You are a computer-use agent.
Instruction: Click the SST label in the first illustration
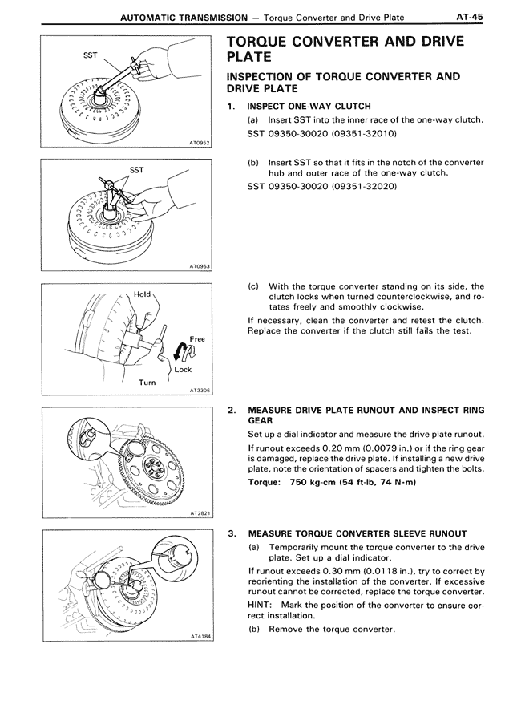(91, 55)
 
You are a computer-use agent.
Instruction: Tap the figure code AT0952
(198, 143)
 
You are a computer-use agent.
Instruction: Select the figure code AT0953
(198, 266)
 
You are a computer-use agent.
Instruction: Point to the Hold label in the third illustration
(142, 294)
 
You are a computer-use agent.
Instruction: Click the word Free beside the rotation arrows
(196, 339)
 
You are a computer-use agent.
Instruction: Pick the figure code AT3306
(198, 391)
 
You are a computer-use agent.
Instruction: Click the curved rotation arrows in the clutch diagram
(181, 350)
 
